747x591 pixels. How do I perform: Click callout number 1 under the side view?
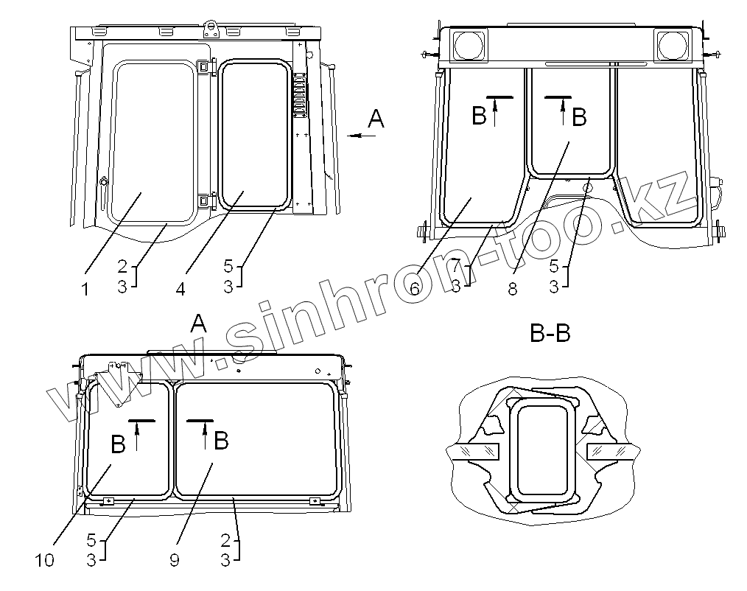[x=85, y=289]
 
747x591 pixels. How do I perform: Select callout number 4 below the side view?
[x=180, y=289]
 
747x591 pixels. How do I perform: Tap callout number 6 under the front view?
[x=415, y=288]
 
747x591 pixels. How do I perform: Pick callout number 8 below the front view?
[x=513, y=288]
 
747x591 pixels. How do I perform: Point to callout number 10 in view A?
[x=45, y=560]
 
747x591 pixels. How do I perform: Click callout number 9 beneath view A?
[x=175, y=560]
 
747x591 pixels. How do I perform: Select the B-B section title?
[x=550, y=333]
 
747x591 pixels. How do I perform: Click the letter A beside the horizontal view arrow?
[x=376, y=119]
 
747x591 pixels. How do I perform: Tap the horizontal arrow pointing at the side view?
[x=361, y=136]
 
